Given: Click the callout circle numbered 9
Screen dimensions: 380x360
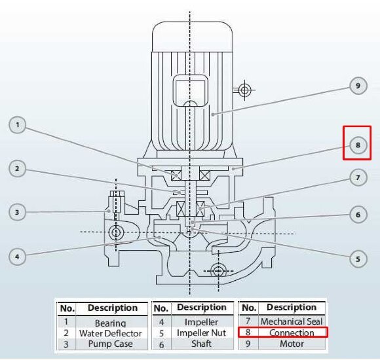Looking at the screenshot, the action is (358, 86).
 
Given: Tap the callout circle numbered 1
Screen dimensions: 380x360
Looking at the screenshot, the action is (17, 125).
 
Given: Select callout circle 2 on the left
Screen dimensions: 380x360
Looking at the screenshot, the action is (17, 168).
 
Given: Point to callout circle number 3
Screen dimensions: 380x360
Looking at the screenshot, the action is (17, 212).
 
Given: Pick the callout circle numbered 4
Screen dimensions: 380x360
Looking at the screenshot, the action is (17, 257).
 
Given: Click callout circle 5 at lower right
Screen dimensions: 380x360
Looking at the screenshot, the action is (358, 259).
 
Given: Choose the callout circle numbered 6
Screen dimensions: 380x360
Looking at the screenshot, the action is (358, 215).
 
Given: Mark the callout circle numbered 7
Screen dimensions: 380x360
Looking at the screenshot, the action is (358, 177).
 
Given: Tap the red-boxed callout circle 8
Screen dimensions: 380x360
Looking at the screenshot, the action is (358, 145).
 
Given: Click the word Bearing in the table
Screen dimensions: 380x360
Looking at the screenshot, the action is (111, 323).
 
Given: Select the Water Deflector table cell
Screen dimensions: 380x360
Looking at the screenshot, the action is (111, 333).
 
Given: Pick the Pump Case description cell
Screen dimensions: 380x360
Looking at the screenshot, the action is (111, 344).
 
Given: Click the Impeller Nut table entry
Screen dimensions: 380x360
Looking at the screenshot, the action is (201, 333).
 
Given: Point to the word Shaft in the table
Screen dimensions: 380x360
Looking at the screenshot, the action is (201, 344).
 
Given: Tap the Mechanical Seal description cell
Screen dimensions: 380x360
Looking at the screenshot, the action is (292, 321).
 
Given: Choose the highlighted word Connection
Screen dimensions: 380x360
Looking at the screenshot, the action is (292, 333).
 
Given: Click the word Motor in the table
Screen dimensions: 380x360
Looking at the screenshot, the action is (292, 344).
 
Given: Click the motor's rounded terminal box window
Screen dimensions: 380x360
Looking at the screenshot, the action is (190, 90).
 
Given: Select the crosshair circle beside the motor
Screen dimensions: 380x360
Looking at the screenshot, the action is (244, 90).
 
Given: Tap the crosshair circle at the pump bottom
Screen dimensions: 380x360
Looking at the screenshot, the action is (218, 271).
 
